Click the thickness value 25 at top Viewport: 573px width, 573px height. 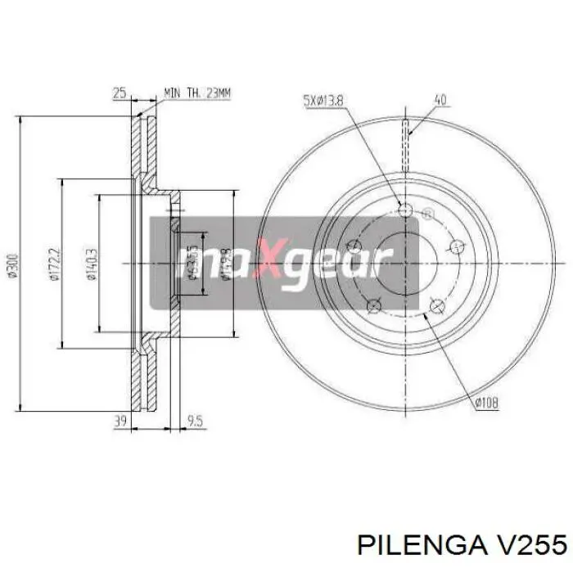pyautogui.click(x=120, y=94)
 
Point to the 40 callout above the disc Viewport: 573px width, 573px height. pyautogui.click(x=440, y=101)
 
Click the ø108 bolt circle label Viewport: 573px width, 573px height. pyautogui.click(x=485, y=403)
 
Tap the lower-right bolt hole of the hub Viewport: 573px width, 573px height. pyautogui.click(x=435, y=306)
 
